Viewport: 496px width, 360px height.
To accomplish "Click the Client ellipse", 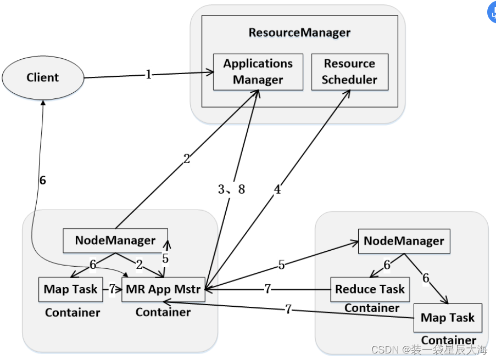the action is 43,78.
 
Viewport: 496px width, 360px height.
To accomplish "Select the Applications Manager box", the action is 258,72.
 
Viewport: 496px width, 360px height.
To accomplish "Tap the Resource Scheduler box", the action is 350,72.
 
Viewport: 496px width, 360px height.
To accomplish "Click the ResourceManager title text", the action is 299,32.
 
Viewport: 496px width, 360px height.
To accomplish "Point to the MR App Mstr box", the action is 163,289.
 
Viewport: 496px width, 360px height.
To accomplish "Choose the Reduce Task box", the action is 370,289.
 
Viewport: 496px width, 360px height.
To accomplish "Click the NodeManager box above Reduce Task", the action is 404,241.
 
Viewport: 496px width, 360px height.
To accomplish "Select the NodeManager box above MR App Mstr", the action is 115,240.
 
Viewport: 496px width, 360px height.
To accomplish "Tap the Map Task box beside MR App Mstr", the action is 70,289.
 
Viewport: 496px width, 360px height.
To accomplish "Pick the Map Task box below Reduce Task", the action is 448,318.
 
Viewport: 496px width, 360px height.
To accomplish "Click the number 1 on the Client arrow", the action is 149,75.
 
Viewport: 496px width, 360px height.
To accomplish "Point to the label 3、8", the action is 231,189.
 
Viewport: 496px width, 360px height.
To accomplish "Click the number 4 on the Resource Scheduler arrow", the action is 277,189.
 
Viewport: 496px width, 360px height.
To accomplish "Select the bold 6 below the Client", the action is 43,180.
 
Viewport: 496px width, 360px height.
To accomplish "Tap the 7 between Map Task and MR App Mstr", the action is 112,289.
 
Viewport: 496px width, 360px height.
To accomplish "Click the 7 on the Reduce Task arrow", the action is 267,289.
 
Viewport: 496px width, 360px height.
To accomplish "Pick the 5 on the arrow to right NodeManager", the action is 282,265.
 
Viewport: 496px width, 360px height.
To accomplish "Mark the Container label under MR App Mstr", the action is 163,312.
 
